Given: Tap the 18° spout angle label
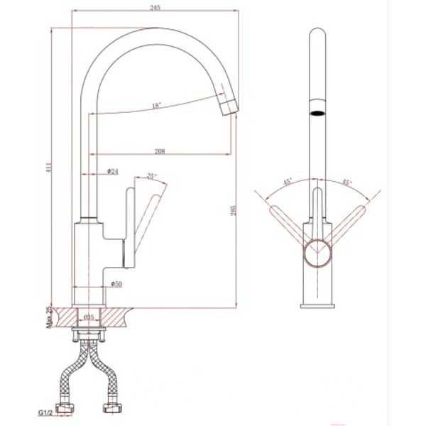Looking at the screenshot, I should [156, 106].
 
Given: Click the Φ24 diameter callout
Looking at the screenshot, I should [111, 171].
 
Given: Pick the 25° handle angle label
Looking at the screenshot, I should [151, 176].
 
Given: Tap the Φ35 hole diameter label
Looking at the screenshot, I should [89, 318].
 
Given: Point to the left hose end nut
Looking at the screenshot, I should [68, 410].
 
